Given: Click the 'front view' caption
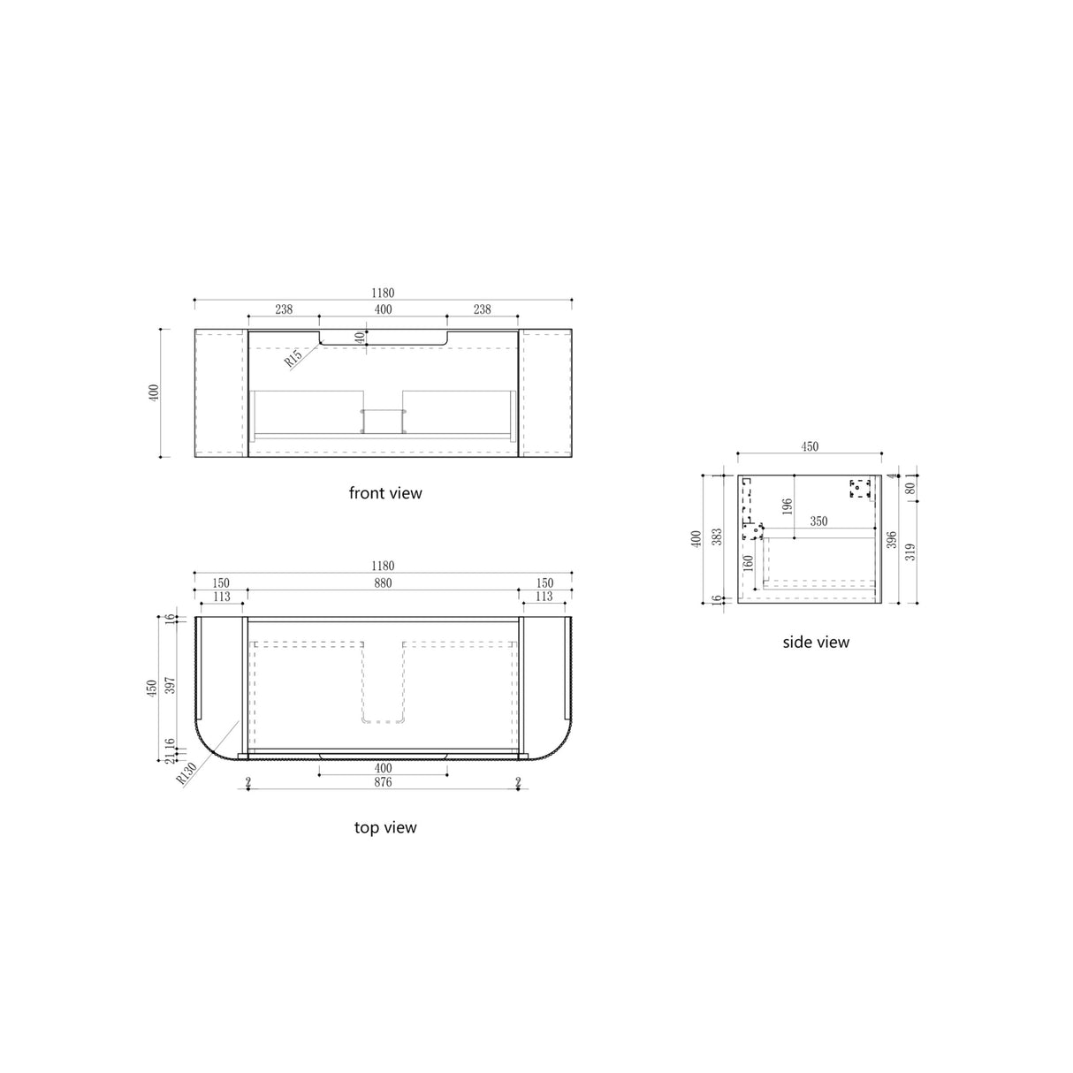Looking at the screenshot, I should pos(385,493).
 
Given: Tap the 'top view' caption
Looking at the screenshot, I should pos(385,828).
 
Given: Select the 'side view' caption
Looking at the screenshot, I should pos(816,643).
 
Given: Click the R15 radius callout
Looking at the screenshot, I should pos(294,357).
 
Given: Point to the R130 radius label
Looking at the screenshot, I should pos(186,773).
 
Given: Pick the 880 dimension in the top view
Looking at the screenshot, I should pos(382,583).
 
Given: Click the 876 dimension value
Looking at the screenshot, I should pos(382,782).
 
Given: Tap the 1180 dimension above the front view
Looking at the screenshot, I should pos(383,293).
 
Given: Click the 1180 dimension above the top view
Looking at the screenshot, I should pos(383,566).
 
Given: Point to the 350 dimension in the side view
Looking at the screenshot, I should pos(818,521).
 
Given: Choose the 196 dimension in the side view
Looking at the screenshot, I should pos(787,506).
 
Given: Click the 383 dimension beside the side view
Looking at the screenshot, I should pos(717,536).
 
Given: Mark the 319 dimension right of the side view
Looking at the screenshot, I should pos(910,552).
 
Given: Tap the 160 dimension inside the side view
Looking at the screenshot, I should pos(749,562).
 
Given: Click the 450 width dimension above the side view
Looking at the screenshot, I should pos(810,447).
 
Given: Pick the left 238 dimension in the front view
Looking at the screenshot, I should pos(284,309).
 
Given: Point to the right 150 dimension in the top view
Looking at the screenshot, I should pos(544,583).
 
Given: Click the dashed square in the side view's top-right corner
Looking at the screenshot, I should pos(860,489).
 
